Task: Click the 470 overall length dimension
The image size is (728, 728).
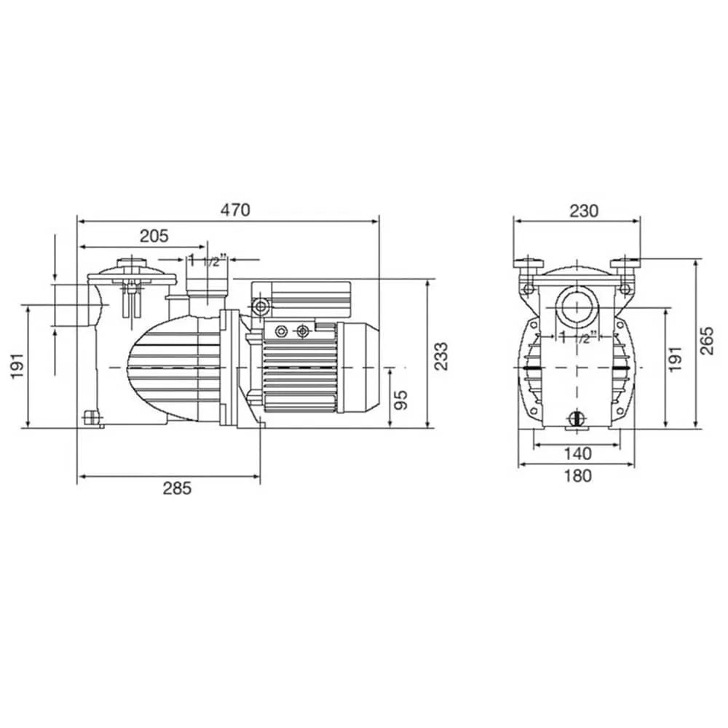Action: pos(235,210)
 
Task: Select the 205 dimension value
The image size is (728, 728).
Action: pos(154,237)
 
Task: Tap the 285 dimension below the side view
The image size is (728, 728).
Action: pos(178,488)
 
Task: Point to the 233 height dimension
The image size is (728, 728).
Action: pos(442,356)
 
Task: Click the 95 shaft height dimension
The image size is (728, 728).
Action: pos(402,400)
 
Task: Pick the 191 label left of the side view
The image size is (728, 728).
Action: pos(17,365)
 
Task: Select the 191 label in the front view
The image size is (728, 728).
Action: pos(676,358)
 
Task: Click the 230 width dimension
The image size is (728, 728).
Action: pos(584,211)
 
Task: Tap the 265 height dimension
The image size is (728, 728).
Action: pos(707,341)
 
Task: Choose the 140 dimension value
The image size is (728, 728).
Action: pos(577,453)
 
